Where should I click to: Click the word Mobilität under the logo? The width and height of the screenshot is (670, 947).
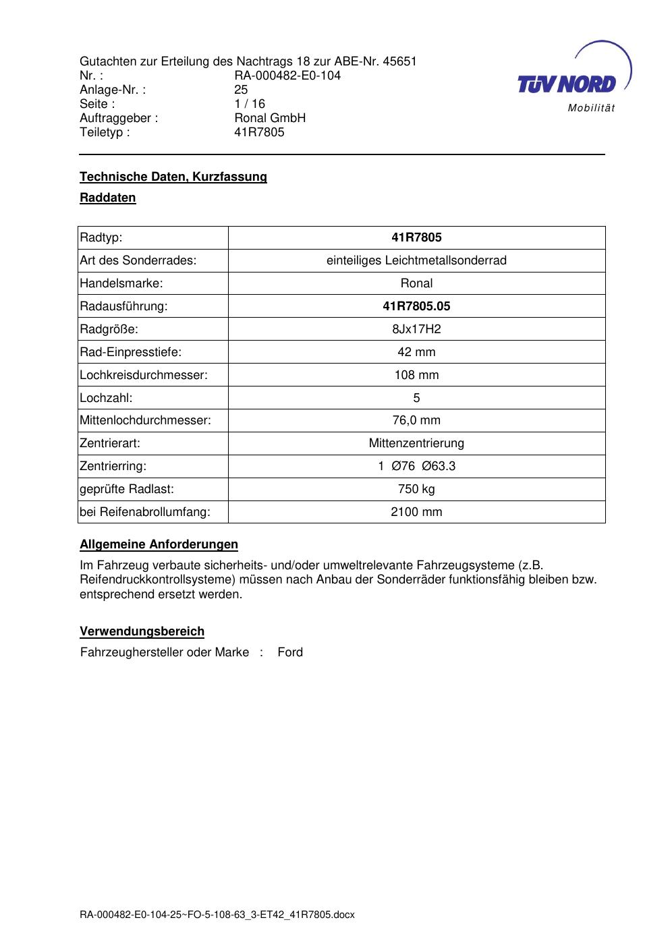click(591, 109)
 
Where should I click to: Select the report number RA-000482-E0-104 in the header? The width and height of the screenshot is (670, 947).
click(287, 76)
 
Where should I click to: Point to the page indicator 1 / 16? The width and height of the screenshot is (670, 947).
click(250, 104)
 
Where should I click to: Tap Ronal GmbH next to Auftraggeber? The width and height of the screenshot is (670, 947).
click(270, 118)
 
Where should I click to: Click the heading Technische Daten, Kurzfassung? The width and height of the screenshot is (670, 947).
click(173, 177)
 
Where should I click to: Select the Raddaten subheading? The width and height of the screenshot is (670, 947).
click(108, 198)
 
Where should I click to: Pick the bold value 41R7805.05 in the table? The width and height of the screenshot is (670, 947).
click(416, 306)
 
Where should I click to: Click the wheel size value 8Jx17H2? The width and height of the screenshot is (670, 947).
click(416, 329)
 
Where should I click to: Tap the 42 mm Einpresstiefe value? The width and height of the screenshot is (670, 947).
click(416, 352)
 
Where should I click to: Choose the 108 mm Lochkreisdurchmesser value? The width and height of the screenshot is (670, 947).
click(416, 375)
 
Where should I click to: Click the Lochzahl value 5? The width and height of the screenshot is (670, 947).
click(416, 398)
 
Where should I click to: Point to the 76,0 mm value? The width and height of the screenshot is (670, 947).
click(416, 420)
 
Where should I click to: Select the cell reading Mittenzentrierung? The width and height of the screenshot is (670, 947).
click(416, 443)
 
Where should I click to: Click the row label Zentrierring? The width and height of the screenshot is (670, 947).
click(113, 466)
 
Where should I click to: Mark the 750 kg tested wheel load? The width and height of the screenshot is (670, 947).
click(416, 489)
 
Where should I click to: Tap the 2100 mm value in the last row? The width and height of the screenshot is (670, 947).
click(416, 512)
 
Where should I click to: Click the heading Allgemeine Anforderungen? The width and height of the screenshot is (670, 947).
click(159, 544)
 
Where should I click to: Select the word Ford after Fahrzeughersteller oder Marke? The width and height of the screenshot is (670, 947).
click(290, 652)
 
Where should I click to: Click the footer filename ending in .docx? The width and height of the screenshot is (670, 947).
click(217, 915)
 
